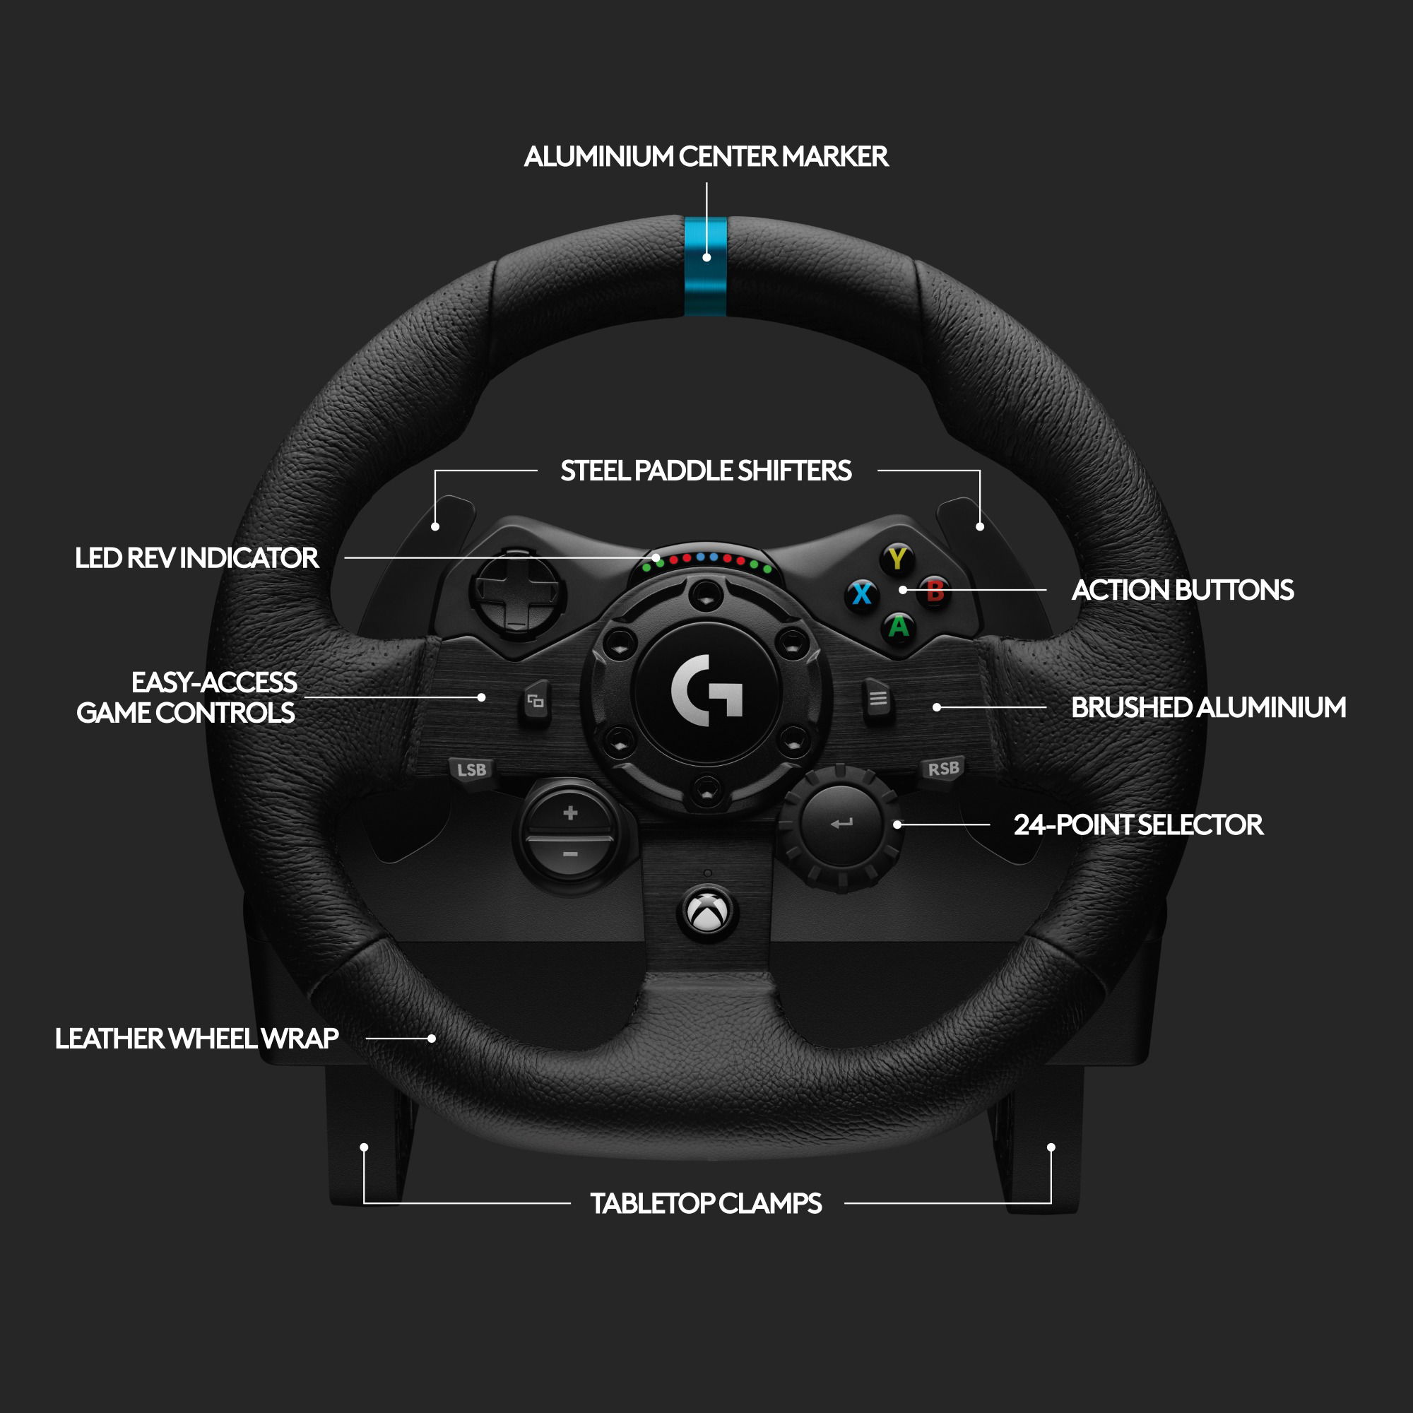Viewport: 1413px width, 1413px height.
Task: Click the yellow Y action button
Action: (897, 560)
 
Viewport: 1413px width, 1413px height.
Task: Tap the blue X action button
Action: (862, 593)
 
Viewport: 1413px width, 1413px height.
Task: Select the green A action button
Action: (898, 627)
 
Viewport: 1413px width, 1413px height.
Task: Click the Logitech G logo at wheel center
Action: (706, 690)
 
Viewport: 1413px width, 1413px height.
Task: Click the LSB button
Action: (471, 770)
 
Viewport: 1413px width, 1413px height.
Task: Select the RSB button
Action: (942, 769)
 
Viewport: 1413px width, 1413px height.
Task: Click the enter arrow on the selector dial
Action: (841, 824)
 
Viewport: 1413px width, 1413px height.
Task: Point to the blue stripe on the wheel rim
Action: (706, 267)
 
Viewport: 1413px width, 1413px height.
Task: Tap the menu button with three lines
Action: (877, 699)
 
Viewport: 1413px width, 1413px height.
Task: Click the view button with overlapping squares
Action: (536, 702)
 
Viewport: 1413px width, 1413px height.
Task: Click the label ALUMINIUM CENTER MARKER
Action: (706, 157)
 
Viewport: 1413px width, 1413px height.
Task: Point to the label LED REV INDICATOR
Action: (196, 558)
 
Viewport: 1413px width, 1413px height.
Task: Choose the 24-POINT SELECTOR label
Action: (1137, 825)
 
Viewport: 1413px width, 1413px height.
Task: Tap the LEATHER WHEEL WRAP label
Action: (196, 1039)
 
